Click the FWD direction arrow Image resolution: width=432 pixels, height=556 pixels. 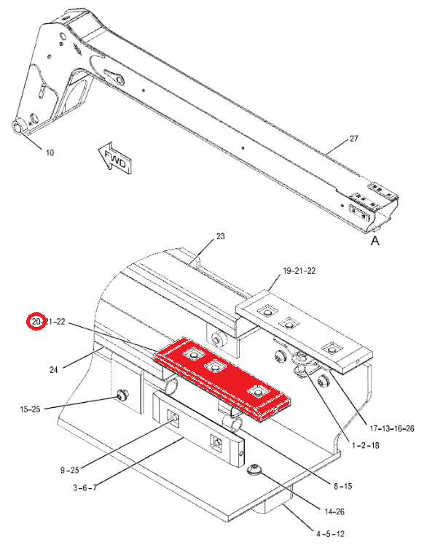114,158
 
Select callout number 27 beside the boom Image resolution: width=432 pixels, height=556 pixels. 354,139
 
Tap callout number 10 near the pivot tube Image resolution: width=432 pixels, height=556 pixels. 50,152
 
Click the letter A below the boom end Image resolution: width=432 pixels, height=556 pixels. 375,241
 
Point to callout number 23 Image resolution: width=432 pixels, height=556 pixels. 220,236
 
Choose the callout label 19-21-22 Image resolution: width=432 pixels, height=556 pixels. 299,271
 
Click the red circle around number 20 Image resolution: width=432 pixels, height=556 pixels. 37,321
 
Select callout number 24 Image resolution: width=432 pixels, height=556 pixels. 53,370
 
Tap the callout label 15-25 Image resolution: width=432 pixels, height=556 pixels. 30,409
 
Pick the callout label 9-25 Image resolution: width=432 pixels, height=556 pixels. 70,470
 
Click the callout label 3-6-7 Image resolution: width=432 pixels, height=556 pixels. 85,488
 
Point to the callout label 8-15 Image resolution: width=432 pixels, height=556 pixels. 343,486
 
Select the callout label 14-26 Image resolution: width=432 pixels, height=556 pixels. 334,511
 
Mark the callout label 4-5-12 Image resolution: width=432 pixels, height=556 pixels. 330,533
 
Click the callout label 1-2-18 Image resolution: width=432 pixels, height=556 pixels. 366,445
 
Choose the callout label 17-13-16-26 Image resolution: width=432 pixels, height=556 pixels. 392,429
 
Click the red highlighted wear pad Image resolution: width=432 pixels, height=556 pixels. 222,379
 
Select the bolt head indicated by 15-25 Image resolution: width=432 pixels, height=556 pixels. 122,394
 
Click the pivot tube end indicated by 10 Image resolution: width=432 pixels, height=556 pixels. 17,127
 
